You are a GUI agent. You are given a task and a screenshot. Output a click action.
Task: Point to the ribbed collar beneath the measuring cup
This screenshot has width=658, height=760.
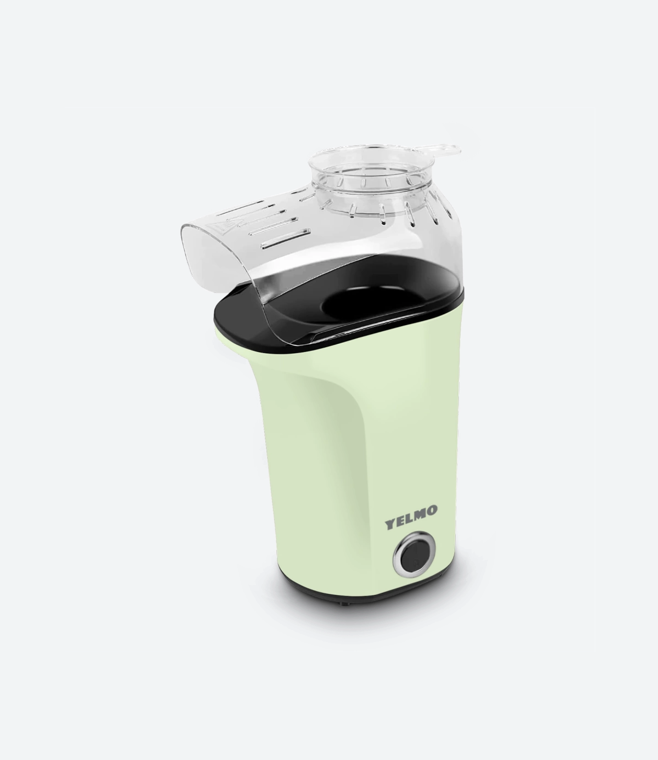point(373,203)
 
